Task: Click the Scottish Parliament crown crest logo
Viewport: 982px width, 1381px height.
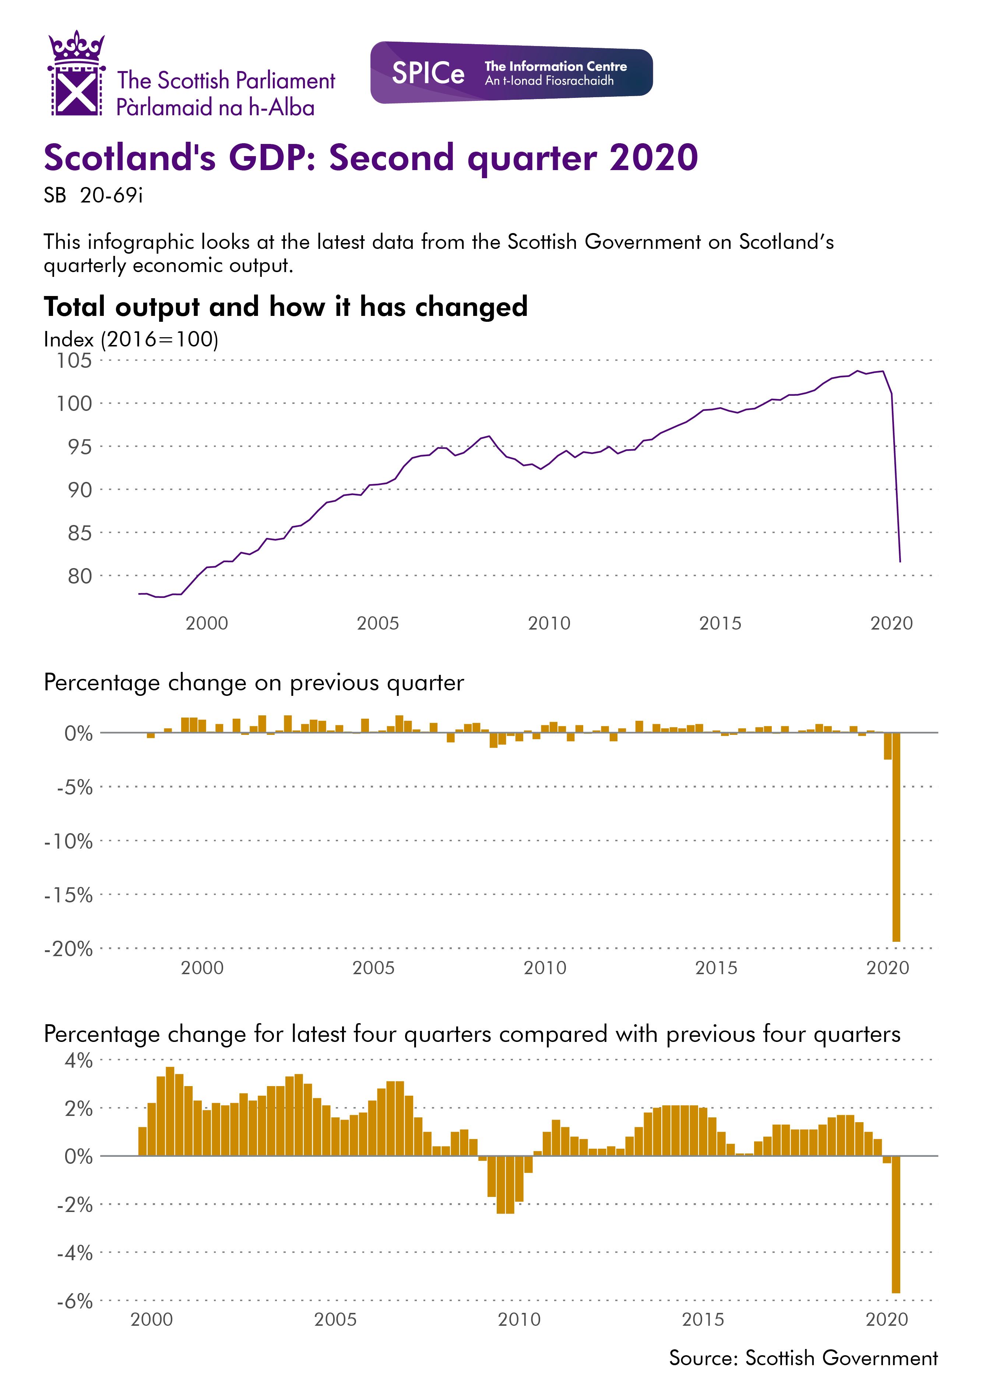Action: coord(76,73)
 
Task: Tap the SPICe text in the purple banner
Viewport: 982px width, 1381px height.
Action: coord(428,73)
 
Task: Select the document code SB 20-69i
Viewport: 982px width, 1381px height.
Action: coord(93,195)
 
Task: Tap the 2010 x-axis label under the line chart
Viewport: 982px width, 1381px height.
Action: coord(549,623)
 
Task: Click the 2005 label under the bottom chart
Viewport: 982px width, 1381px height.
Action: coord(335,1319)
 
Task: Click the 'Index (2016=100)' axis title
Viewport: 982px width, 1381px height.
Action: coord(131,339)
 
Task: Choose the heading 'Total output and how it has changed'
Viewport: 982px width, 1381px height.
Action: coord(285,307)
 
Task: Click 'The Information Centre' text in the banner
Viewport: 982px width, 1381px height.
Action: coord(555,66)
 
